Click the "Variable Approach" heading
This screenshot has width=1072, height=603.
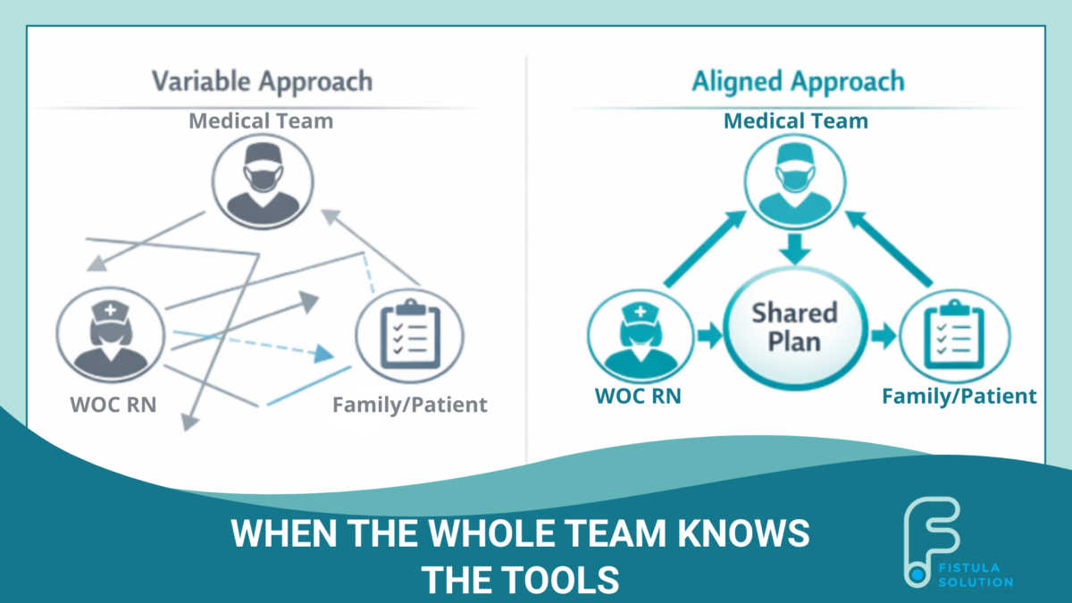click(263, 82)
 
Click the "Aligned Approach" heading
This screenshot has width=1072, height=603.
click(799, 82)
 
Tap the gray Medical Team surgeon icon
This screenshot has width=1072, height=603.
click(263, 182)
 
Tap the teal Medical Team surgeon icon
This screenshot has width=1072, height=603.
click(795, 182)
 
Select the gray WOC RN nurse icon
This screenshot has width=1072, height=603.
click(111, 334)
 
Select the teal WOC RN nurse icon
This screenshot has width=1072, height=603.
click(641, 337)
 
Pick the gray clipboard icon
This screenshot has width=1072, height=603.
click(410, 336)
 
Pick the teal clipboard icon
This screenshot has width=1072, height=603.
click(955, 337)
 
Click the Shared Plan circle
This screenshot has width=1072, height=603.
click(795, 329)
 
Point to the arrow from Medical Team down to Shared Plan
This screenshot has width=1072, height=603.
click(795, 249)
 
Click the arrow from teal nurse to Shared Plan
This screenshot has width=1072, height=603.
click(709, 335)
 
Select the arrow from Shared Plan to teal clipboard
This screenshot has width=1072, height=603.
click(884, 335)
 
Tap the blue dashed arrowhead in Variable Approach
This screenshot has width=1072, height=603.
click(323, 354)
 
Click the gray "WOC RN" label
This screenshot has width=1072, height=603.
click(113, 405)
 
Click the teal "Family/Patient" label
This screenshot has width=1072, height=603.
click(959, 397)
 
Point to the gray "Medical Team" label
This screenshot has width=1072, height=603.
click(261, 121)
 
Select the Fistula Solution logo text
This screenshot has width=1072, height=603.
click(976, 575)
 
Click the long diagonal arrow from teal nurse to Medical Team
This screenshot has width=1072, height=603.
click(706, 249)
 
